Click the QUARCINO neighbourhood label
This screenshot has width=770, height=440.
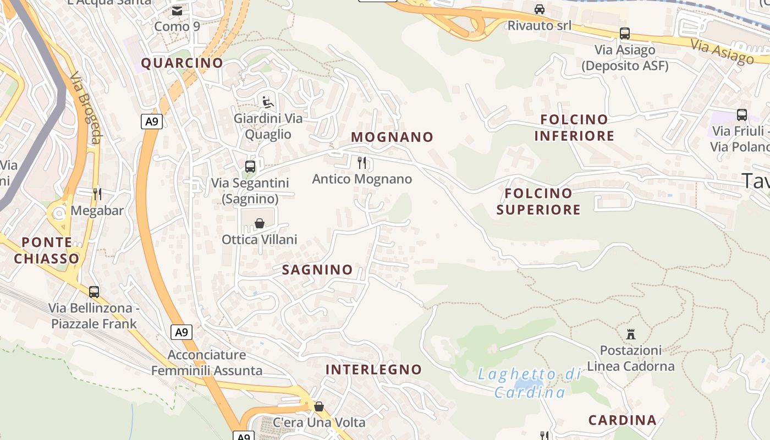coord(182,63)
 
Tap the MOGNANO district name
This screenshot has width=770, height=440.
coord(392,137)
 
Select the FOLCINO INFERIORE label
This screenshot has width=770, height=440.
coord(574,128)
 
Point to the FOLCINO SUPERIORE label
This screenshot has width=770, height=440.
coord(538,201)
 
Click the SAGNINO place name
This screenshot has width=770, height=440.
coord(317,269)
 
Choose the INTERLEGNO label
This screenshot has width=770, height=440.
coord(373,370)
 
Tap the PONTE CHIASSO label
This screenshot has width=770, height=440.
coord(47,250)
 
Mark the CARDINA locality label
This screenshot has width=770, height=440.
coord(623,421)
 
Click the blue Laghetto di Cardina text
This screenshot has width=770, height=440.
coord(530,383)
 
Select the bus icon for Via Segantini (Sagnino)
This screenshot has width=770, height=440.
coord(250,166)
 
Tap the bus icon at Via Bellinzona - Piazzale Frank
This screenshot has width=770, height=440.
coord(94,291)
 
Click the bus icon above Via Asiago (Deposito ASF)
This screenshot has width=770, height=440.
coord(625,33)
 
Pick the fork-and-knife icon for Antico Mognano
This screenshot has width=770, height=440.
coord(362,162)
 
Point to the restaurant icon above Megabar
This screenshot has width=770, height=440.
coord(97,194)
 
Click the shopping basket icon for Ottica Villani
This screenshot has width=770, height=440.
coord(260,223)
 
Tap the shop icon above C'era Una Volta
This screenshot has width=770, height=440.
coord(319,406)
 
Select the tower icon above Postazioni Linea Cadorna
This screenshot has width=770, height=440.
coord(631,334)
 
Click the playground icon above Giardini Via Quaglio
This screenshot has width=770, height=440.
coord(267,102)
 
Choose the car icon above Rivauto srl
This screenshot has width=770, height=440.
coord(540,9)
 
